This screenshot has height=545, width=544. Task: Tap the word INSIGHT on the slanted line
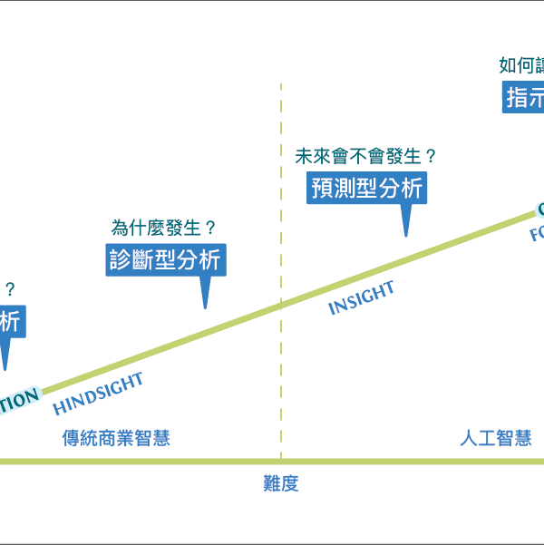[x=361, y=298]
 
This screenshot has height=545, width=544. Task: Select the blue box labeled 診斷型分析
[x=163, y=259]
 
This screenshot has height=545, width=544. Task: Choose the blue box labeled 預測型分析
[x=366, y=188]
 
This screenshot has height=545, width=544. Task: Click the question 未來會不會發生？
[x=365, y=155]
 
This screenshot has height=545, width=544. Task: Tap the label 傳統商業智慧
[x=116, y=439]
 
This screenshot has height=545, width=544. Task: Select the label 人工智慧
[x=495, y=439]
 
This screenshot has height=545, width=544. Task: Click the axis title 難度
[x=280, y=484]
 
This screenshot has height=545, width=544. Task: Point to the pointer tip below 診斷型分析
[x=206, y=307]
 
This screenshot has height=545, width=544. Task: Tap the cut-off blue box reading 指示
[x=524, y=97]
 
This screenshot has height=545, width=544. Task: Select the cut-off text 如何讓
[x=521, y=65]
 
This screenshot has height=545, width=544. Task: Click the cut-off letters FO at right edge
[x=536, y=235]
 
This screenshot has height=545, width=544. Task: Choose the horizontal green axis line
[x=272, y=462]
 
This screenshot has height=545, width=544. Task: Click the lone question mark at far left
[x=10, y=290]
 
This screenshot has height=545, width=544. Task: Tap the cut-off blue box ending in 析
[x=10, y=321]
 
